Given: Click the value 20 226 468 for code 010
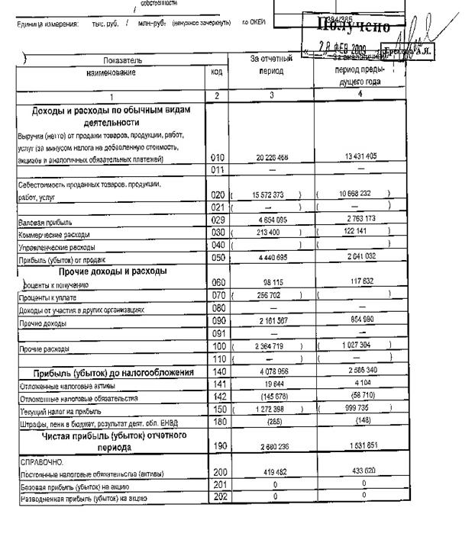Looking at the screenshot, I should [272, 158].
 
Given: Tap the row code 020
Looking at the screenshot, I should [218, 195].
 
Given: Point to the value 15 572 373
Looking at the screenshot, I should [267, 195].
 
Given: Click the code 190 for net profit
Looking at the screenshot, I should [218, 446].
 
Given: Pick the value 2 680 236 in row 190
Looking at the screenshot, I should [272, 446].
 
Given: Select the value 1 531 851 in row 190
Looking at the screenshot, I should [360, 446].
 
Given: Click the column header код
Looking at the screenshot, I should [217, 72].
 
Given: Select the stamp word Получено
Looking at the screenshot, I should [354, 27].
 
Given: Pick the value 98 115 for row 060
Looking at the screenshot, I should [272, 283].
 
